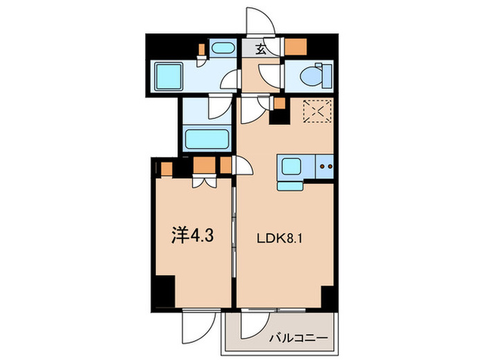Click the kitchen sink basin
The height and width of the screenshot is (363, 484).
(289, 166)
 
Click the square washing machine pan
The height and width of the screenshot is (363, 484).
(168, 76)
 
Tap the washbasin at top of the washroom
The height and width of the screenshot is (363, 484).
(222, 49)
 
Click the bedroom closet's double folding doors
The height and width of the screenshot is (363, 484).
(205, 181)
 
